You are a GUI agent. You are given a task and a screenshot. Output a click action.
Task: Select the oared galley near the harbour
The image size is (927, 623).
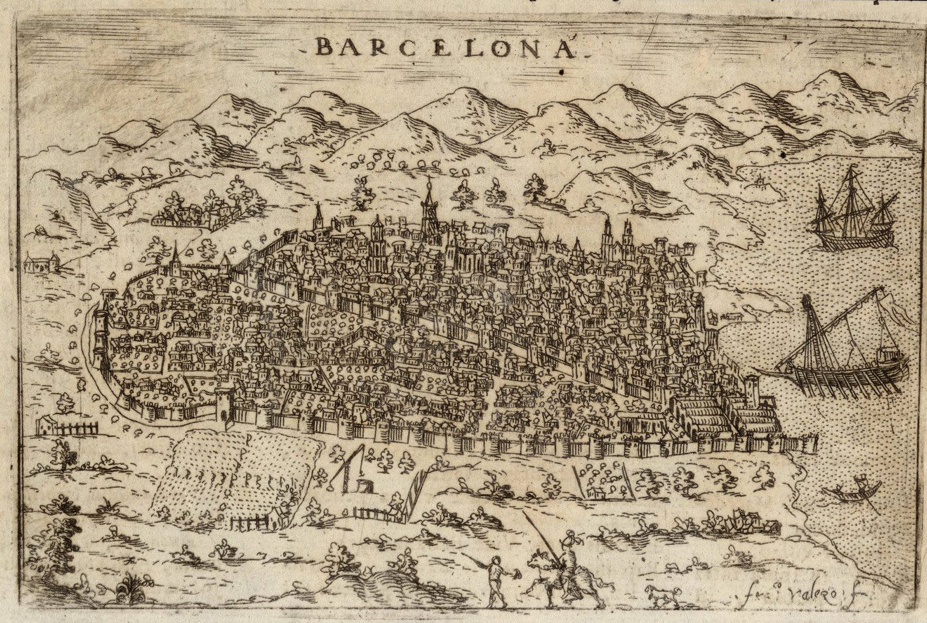pos(842,359)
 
